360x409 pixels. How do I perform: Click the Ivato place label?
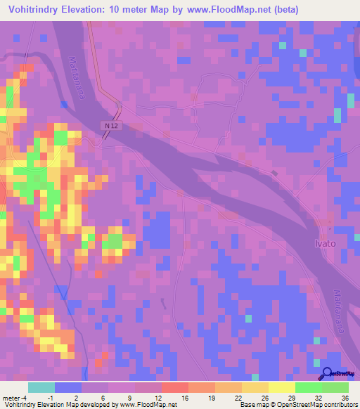click(x=325, y=242)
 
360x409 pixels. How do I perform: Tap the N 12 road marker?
click(x=108, y=125)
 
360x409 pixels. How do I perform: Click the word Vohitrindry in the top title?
click(x=34, y=10)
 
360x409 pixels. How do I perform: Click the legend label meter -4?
click(x=14, y=398)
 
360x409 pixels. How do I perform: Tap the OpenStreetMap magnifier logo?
click(x=326, y=375)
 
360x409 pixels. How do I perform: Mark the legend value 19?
click(x=210, y=398)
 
